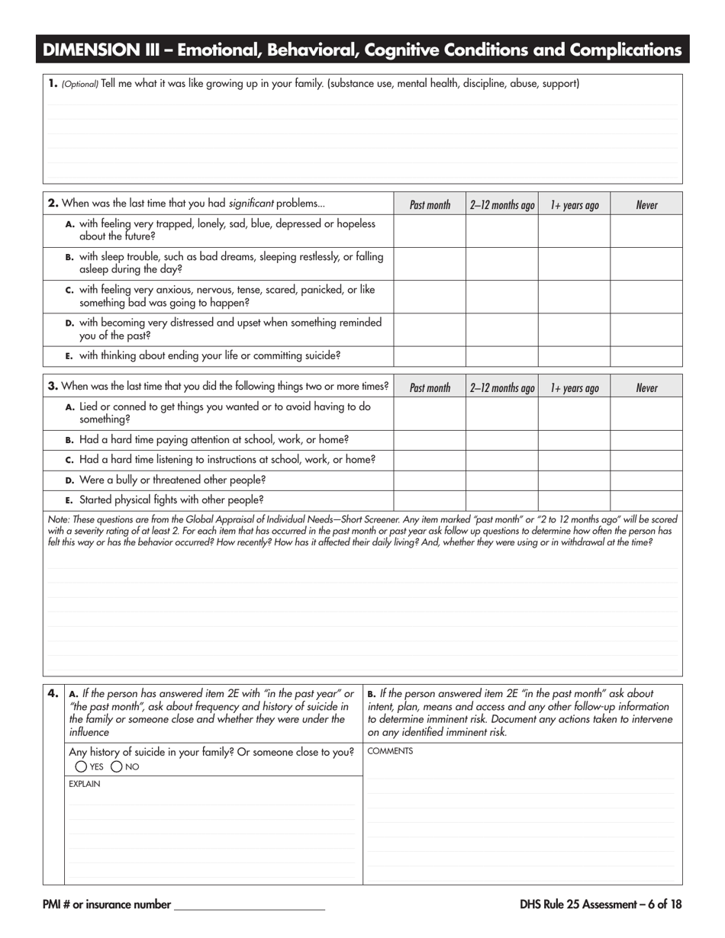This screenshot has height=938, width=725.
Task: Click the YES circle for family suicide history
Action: click(x=81, y=766)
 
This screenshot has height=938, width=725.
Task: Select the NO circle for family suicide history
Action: click(x=117, y=766)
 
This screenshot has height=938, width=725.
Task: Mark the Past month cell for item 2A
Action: click(x=430, y=230)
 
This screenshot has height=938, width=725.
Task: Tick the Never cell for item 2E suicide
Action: click(x=646, y=356)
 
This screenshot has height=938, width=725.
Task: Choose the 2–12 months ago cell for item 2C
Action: click(x=501, y=297)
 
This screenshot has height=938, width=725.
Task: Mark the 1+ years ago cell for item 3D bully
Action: click(x=574, y=480)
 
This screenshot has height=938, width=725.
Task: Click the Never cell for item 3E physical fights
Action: click(x=646, y=500)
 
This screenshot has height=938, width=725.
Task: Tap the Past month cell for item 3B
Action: click(x=430, y=440)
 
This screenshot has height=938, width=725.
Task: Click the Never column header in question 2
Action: click(x=646, y=204)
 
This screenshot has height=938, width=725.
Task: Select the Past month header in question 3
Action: click(x=430, y=387)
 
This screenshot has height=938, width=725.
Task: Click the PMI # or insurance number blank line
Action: click(x=250, y=906)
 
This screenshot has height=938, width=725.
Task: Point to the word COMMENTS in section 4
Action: click(x=390, y=751)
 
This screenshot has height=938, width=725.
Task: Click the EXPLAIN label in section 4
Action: click(x=84, y=784)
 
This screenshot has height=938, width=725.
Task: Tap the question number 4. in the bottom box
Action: click(x=53, y=693)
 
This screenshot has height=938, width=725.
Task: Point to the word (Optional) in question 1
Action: click(x=80, y=85)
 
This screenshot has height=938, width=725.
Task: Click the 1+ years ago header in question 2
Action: click(x=574, y=204)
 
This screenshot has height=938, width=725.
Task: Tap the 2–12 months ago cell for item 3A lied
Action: click(x=501, y=413)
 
